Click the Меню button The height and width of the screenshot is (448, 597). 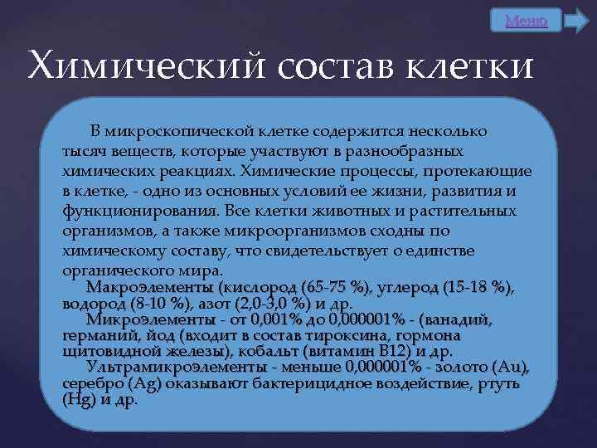[x=526, y=21]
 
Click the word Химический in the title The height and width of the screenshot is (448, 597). [x=150, y=65]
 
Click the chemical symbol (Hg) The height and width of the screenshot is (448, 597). [x=79, y=399]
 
